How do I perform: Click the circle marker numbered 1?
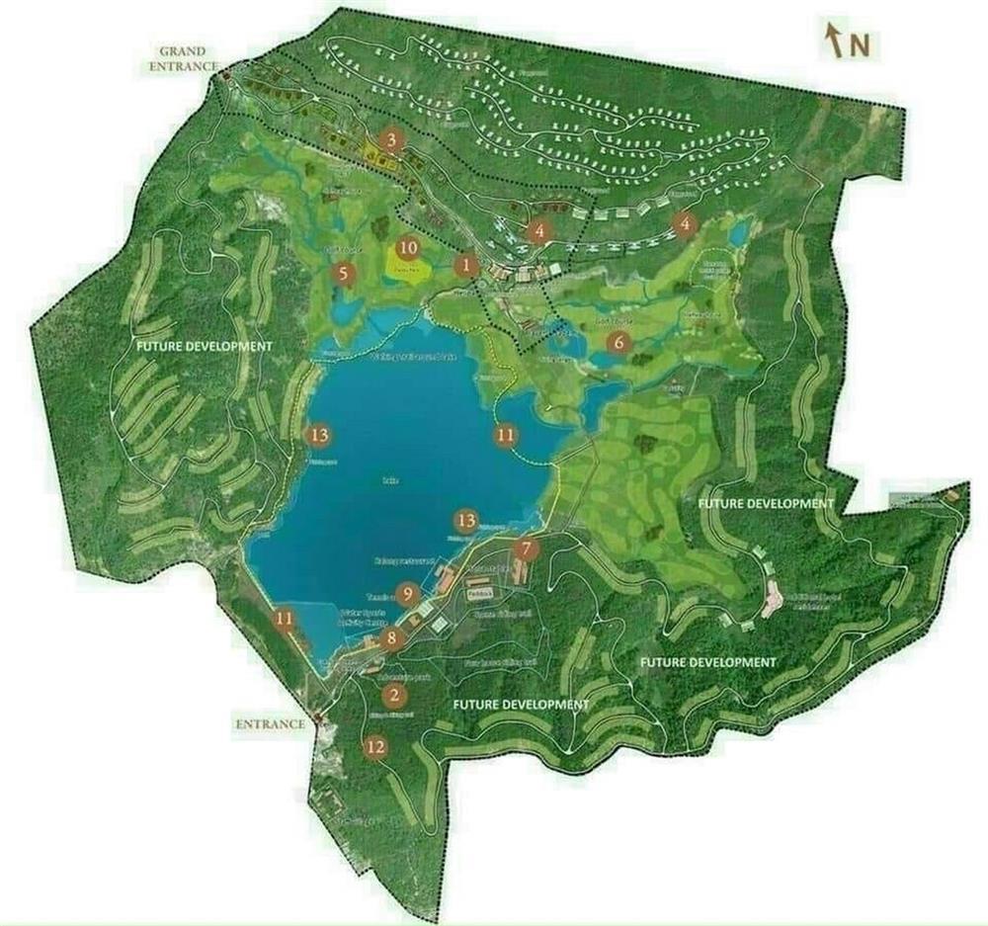(466, 265)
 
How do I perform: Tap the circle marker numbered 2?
(396, 695)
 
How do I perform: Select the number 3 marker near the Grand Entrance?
(392, 139)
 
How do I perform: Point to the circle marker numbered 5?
(344, 274)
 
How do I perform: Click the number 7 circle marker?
(527, 549)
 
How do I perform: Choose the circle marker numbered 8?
(393, 638)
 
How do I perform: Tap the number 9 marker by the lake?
(407, 594)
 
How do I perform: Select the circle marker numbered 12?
(374, 747)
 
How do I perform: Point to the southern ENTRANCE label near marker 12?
(271, 724)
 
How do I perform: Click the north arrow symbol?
(835, 42)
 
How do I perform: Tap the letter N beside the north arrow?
(860, 44)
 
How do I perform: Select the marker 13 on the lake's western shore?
(318, 434)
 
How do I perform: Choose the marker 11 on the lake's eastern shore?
(506, 434)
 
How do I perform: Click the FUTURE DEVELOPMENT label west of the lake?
(204, 347)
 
